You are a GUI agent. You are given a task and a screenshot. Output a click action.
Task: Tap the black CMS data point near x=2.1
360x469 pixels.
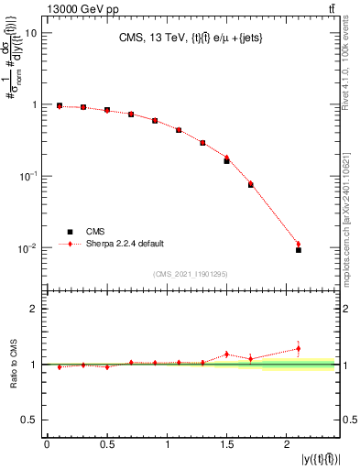[x=298, y=249]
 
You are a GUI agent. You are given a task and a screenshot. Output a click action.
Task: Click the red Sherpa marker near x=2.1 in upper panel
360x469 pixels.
[x=298, y=244]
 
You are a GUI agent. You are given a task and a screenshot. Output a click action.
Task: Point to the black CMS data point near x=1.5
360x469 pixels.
[x=226, y=161]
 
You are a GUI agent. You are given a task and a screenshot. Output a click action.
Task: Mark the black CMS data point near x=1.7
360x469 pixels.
[x=250, y=185]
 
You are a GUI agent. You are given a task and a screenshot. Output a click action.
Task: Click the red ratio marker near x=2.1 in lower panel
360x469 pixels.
[x=298, y=348]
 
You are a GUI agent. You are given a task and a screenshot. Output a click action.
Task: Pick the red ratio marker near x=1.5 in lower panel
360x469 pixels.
[x=226, y=354]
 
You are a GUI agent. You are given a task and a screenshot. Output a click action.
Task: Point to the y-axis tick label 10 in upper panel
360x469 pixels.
[x=29, y=33]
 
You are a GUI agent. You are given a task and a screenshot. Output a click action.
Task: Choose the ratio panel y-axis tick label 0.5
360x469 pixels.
[x=27, y=420]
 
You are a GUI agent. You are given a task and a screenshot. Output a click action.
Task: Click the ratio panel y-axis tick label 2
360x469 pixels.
[x=32, y=309]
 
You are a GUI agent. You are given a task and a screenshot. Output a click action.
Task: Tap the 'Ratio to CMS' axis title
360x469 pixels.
[x=12, y=364]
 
